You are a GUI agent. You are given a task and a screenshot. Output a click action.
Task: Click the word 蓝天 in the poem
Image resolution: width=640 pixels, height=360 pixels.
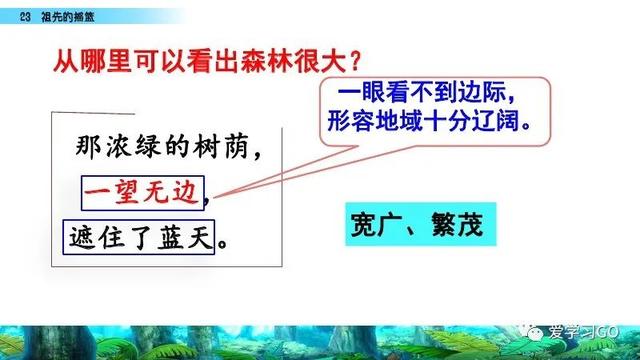pos(189,241)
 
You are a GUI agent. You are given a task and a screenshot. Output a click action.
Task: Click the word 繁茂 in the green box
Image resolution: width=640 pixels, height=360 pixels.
pos(454,223)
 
